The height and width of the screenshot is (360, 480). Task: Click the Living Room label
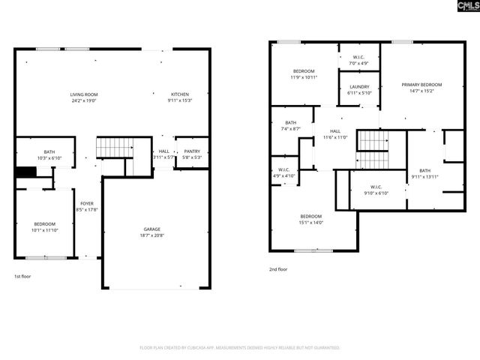coord(84,94)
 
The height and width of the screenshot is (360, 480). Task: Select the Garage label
coord(152,229)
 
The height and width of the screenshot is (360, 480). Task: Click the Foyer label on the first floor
coord(87,203)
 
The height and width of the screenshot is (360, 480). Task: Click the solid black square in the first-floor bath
coord(26,172)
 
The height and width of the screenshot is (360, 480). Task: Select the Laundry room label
coord(359,87)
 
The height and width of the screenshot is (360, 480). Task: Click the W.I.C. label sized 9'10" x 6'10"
coord(376,187)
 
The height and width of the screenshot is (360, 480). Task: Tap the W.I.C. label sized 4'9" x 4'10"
coord(283,169)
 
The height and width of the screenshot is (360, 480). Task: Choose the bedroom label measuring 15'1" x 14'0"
coord(311,217)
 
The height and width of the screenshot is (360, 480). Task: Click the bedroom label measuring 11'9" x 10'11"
coord(304,70)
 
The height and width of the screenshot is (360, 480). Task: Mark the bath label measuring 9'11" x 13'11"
coord(425,170)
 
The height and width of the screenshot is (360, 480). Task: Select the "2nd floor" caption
coord(278,268)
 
